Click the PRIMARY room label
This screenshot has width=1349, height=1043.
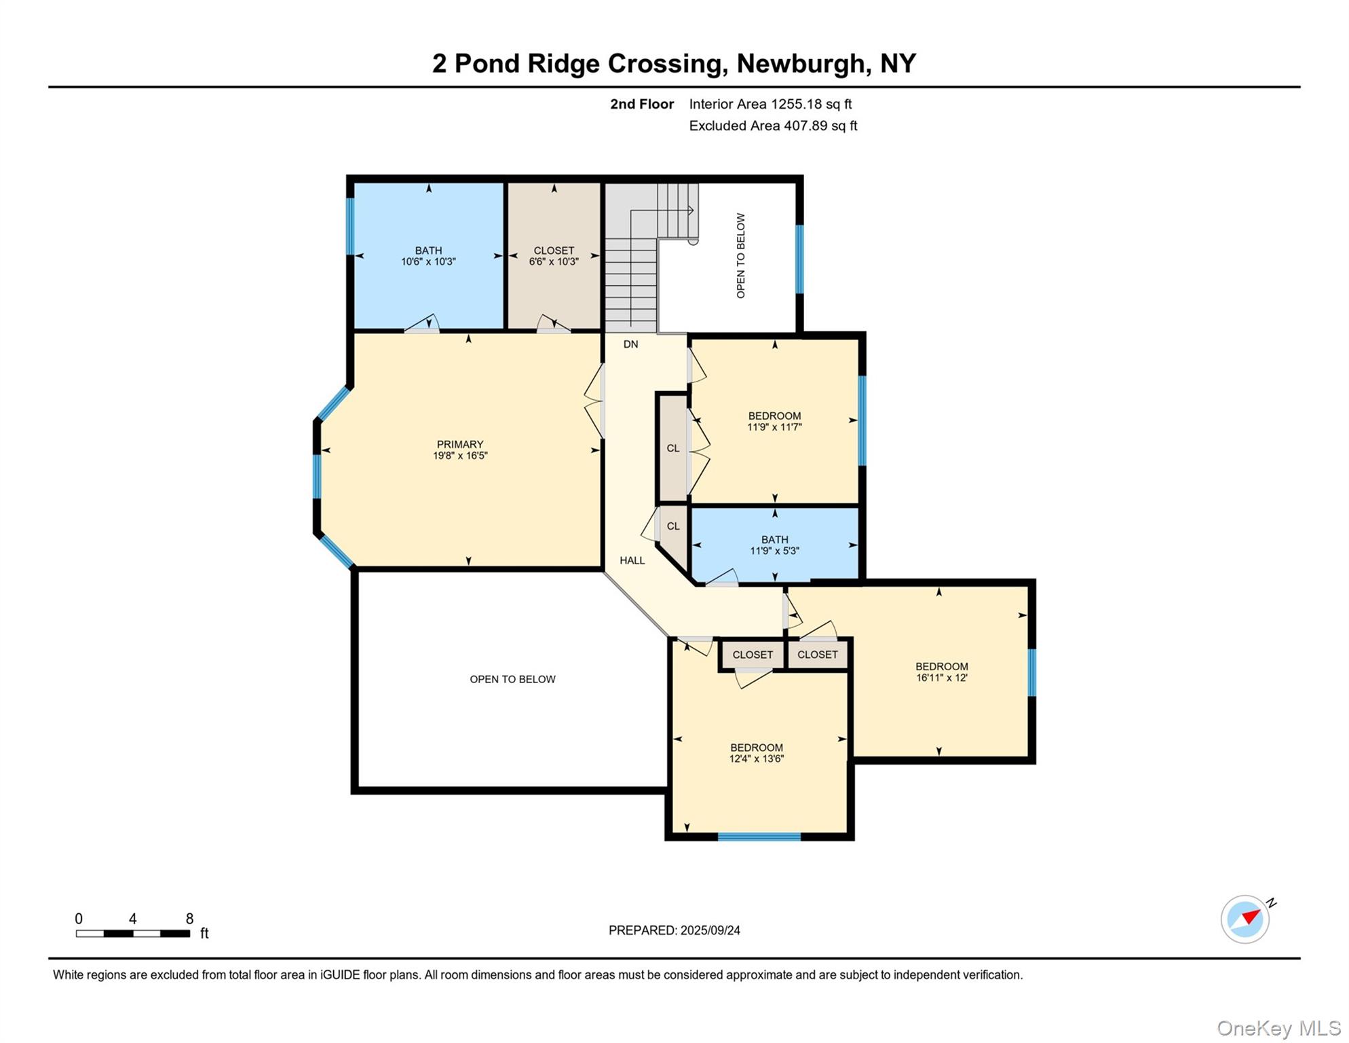pos(460,445)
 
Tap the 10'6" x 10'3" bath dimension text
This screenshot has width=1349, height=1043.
pos(428,261)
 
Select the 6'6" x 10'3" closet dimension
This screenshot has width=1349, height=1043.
pos(554,261)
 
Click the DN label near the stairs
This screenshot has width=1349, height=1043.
pos(630,344)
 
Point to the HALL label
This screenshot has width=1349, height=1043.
pos(632,560)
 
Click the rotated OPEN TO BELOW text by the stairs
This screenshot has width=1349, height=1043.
pos(740,255)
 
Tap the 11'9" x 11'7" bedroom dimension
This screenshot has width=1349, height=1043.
pos(774,427)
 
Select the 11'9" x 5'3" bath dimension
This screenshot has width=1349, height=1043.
pos(774,551)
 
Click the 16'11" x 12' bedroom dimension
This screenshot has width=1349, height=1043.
pos(941,677)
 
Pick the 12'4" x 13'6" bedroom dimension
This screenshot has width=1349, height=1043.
pos(756,758)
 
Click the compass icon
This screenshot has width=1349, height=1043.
pos(1244,919)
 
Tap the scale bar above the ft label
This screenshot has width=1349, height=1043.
pos(133,934)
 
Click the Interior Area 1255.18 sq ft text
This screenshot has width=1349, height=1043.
pos(769,104)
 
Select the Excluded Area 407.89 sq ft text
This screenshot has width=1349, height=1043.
pos(773,126)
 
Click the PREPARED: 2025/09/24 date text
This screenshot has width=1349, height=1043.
pos(674,930)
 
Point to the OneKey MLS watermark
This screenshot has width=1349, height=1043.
pos(1278,1028)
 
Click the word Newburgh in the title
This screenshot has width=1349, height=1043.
pos(801,63)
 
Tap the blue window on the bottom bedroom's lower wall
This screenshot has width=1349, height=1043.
pos(759,837)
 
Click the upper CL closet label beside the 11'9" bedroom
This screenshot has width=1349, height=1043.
pos(672,448)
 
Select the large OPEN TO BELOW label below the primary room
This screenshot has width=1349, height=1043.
pos(512,679)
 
